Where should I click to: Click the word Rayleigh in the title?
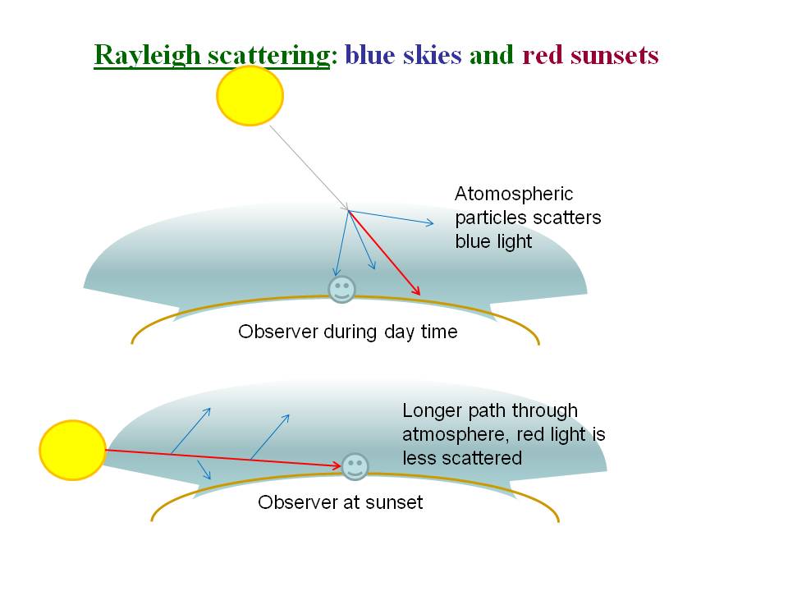point(147,55)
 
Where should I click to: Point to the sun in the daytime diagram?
point(250,95)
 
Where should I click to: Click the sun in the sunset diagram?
point(72,450)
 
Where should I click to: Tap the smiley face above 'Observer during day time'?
point(341,290)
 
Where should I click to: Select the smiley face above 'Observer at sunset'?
point(355,467)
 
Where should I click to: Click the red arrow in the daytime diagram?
point(384,252)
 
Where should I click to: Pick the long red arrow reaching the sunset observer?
point(223,458)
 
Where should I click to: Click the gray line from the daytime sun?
point(309,167)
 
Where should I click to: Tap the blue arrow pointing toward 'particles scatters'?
point(391,217)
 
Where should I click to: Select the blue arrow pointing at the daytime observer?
point(341,243)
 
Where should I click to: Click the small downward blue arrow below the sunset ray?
point(204,470)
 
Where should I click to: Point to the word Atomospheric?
point(514,194)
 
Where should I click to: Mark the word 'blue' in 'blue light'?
point(471,241)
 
